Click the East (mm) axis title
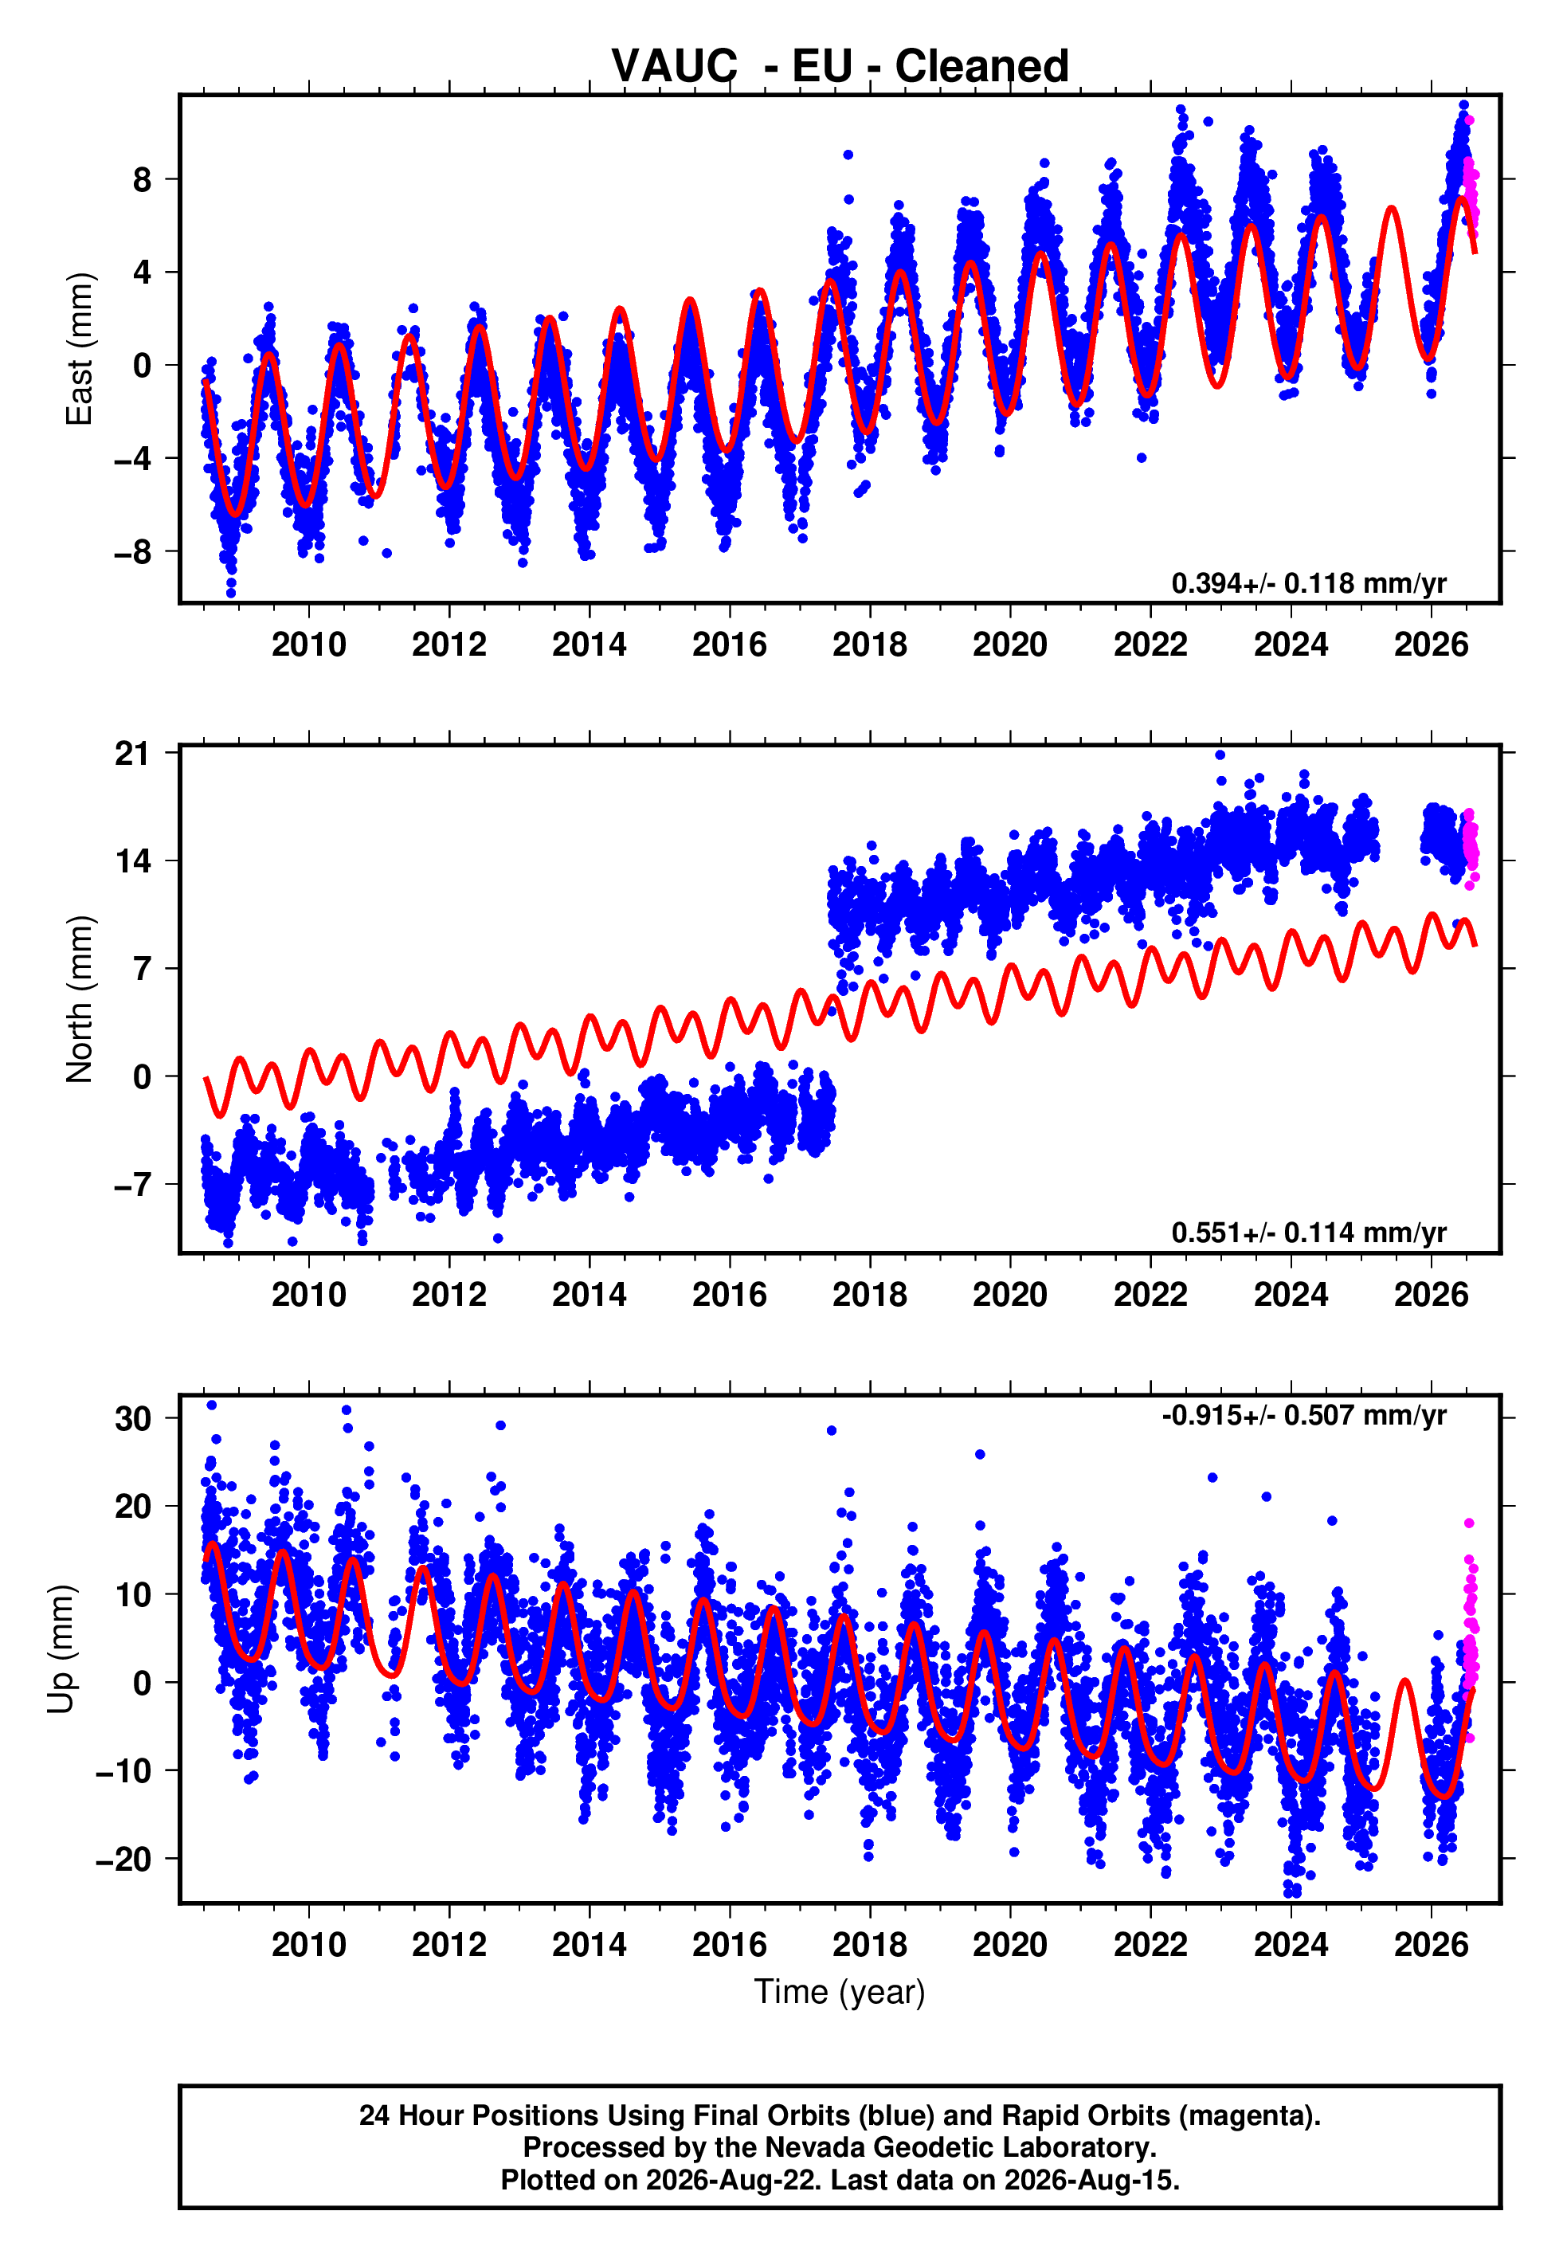click(80, 349)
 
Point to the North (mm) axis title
click(80, 999)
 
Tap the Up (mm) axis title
click(61, 1648)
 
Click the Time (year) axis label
click(840, 1993)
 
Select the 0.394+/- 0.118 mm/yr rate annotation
click(1308, 582)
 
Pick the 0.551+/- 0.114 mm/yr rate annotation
click(1308, 1232)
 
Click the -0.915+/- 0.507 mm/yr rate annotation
click(1304, 1415)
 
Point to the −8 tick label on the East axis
click(132, 551)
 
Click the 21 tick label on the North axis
click(133, 753)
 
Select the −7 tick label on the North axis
click(132, 1185)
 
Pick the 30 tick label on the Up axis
click(133, 1418)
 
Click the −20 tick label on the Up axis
click(123, 1859)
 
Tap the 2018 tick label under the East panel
click(870, 645)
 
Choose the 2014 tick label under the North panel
click(589, 1295)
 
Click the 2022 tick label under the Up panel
click(1150, 1944)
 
